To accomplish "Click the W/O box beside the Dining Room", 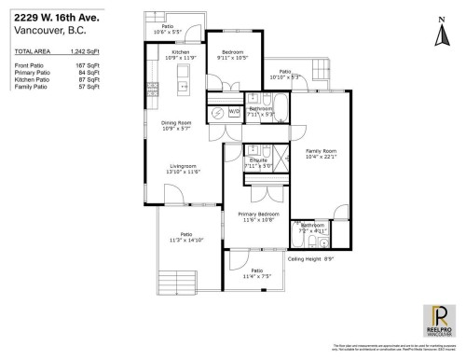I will tap(232, 110).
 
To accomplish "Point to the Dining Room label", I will tap(175, 125).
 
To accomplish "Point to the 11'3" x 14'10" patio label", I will tap(186, 237).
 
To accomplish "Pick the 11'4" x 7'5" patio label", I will tap(256, 273).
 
